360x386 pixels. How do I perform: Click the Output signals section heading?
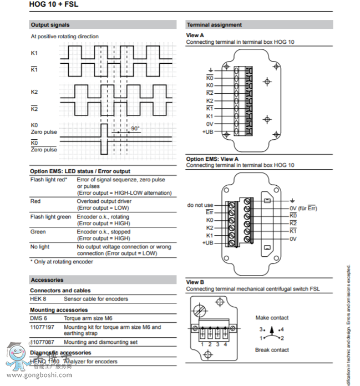pos(50,25)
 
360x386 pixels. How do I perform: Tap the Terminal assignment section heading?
pos(214,25)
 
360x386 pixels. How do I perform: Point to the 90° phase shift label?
pos(135,129)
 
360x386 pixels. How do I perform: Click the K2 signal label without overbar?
pos(34,92)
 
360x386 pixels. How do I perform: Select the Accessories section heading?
pos(47,280)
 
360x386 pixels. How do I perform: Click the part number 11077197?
pos(42,327)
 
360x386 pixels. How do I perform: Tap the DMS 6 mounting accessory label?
pos(38,318)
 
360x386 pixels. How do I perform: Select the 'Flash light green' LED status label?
pos(50,217)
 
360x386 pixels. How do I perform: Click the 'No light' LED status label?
pos(39,246)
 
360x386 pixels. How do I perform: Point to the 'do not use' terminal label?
pos(200,205)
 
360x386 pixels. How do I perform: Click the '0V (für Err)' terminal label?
pos(303,209)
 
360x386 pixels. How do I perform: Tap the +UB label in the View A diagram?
pos(207,132)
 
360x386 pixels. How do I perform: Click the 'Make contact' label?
pos(272,318)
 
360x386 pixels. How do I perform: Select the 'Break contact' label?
pos(272,350)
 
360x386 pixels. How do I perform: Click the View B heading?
pos(195,282)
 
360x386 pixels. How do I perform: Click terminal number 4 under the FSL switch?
pos(225,344)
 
